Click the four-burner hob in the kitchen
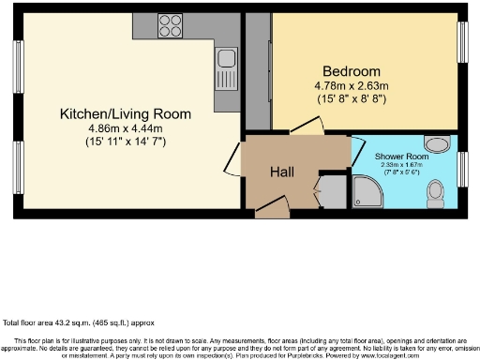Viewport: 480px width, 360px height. point(170,25)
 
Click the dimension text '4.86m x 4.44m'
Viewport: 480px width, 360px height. point(125,128)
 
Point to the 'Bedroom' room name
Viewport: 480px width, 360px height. point(352,72)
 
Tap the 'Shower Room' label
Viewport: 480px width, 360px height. point(401,156)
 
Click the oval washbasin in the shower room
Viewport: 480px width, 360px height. point(436,143)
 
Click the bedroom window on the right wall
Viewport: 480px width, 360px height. point(461,42)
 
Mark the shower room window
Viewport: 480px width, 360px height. point(461,167)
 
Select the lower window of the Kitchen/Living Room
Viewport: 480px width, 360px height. point(17,164)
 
